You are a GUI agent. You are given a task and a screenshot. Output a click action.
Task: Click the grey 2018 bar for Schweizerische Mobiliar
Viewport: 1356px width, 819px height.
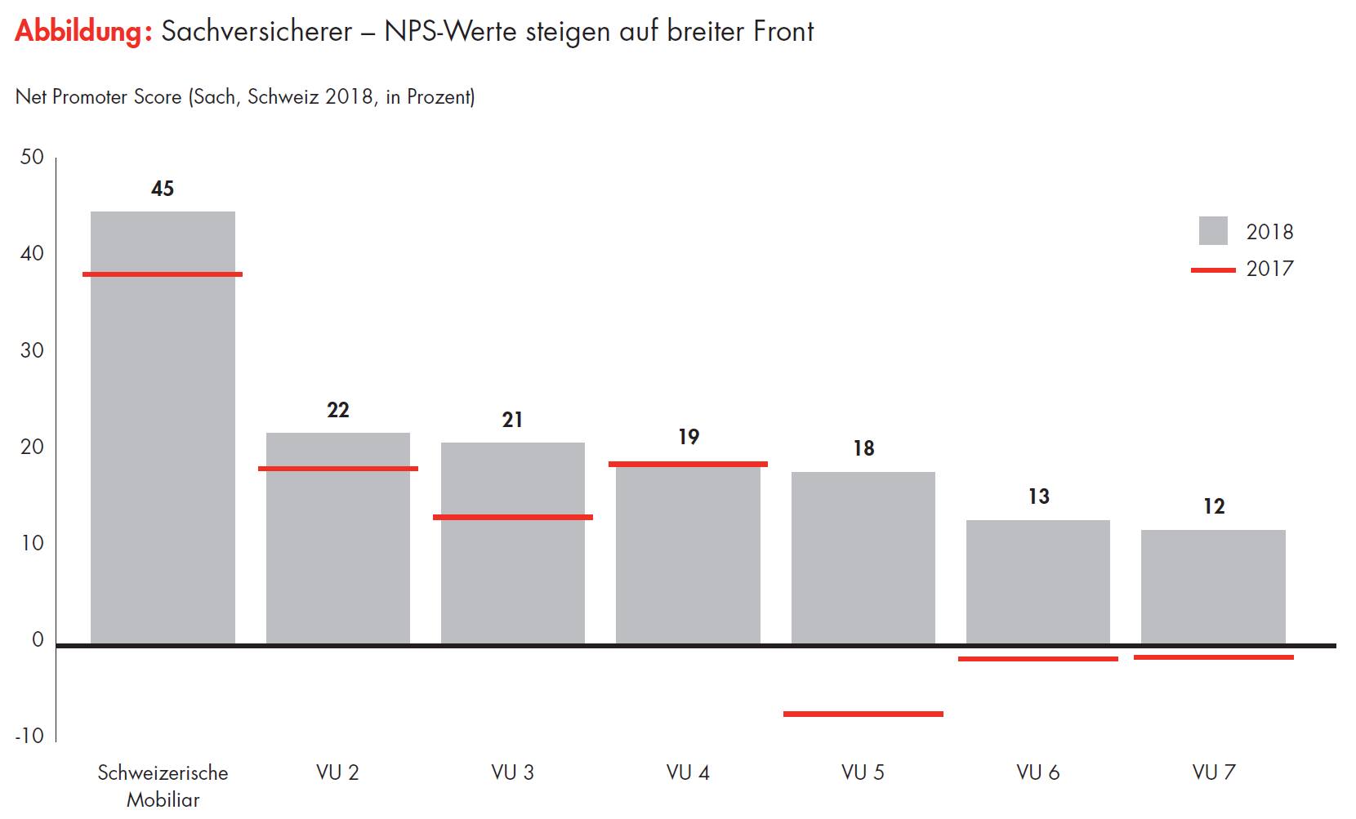(163, 425)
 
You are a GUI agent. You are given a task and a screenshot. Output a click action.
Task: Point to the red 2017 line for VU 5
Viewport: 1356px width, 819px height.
(863, 714)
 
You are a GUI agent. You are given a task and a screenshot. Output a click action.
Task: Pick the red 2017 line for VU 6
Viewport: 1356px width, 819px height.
(1037, 658)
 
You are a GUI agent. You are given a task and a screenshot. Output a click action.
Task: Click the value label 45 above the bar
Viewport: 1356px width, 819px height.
(163, 189)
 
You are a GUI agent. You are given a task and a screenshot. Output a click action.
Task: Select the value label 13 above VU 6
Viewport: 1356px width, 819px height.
(1038, 496)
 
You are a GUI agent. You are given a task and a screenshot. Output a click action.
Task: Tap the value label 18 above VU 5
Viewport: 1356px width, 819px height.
(863, 448)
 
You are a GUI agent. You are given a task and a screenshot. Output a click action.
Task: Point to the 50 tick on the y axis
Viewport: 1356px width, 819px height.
(32, 157)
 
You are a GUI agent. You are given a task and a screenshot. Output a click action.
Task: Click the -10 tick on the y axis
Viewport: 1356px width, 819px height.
(29, 736)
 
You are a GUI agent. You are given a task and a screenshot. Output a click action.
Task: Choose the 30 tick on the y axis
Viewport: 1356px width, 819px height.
(32, 350)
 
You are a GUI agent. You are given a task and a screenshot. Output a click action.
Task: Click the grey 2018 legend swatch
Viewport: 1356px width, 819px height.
(1213, 231)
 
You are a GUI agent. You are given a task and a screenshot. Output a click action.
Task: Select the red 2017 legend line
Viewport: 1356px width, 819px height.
(1213, 269)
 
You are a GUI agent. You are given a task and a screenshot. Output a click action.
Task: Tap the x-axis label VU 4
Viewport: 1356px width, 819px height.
(688, 772)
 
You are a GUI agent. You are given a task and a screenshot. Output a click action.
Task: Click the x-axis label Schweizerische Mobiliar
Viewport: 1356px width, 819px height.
(163, 786)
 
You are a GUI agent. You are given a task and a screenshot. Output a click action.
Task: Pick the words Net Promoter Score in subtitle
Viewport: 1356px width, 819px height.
(98, 97)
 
